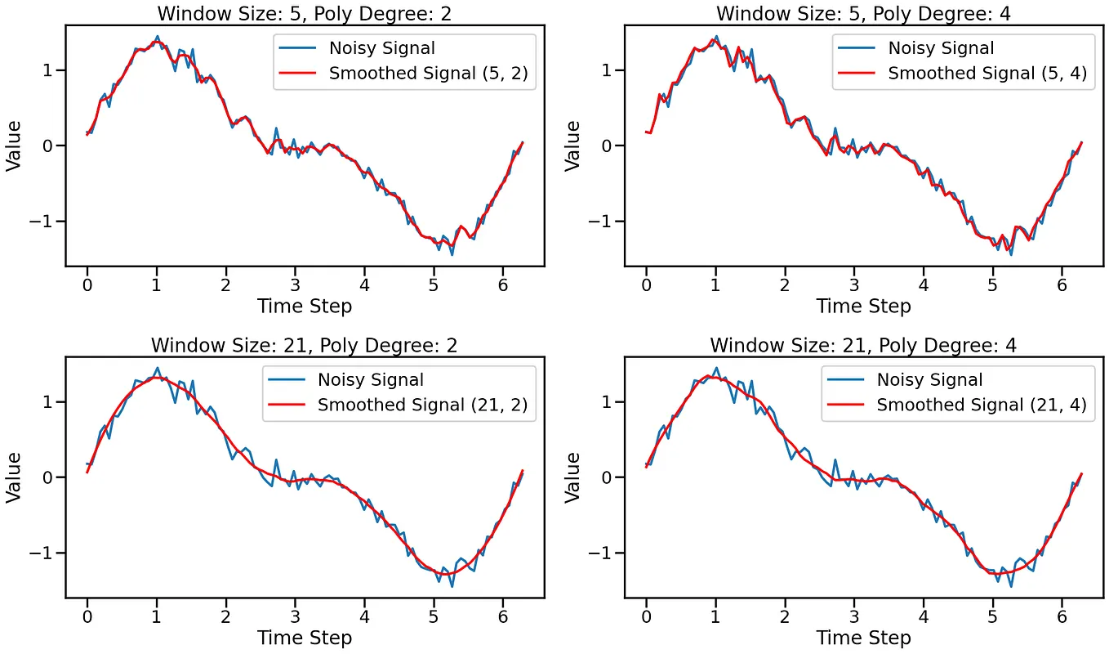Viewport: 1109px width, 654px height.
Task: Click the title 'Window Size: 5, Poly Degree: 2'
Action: (x=305, y=13)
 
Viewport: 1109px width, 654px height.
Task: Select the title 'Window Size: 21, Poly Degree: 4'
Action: (x=863, y=345)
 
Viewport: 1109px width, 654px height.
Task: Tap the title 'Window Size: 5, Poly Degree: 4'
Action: (x=863, y=13)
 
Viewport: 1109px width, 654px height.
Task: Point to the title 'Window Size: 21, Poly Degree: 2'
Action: (x=305, y=345)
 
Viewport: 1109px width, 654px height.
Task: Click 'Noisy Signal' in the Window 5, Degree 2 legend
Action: (x=381, y=48)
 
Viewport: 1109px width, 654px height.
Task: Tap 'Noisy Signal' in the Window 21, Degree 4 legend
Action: (x=929, y=379)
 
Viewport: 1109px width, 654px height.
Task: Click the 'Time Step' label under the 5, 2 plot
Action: (x=305, y=307)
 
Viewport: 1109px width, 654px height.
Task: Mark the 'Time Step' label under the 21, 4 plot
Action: (x=863, y=638)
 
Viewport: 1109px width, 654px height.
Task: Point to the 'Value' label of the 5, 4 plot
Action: (x=573, y=146)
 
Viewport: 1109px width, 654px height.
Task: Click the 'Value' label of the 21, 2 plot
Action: (x=14, y=477)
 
